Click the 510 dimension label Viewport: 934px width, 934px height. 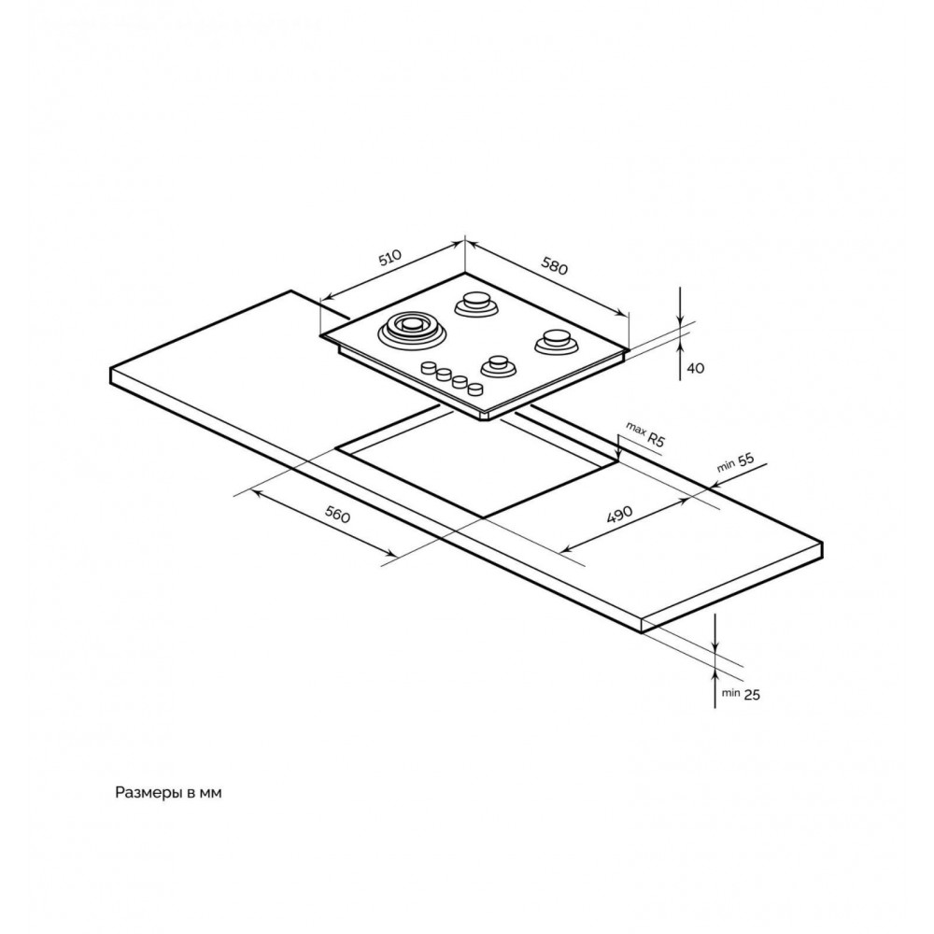(x=391, y=258)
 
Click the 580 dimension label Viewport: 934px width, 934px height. (x=553, y=264)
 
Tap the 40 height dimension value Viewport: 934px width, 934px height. (x=695, y=368)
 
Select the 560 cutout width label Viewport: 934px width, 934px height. (x=338, y=514)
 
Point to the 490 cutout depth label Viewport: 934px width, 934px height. (x=619, y=513)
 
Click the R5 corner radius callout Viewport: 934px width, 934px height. (x=656, y=440)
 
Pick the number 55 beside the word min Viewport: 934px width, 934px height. (x=745, y=460)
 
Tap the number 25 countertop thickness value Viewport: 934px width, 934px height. (x=752, y=694)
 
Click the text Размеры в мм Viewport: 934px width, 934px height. (x=168, y=793)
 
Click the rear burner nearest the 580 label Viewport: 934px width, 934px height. (x=475, y=304)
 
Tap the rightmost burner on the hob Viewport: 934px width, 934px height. (x=558, y=342)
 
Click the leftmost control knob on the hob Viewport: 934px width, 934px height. (x=429, y=368)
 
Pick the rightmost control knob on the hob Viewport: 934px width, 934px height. (x=474, y=389)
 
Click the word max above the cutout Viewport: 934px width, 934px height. (x=635, y=430)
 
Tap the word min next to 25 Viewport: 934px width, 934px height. (x=730, y=693)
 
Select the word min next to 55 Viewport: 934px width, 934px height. (x=726, y=466)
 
